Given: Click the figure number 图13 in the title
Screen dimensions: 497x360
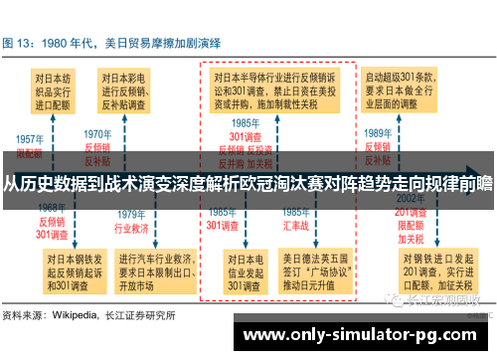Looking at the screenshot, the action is point(22,45).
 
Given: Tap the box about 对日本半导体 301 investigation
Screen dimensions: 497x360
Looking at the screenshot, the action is point(277,90).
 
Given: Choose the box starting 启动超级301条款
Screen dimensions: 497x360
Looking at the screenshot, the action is point(412,90).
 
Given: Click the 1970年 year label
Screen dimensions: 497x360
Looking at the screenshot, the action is point(97,132).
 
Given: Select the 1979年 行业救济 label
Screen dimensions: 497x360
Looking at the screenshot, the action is point(132,222).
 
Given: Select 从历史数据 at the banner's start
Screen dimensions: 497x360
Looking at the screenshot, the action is point(39,183).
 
